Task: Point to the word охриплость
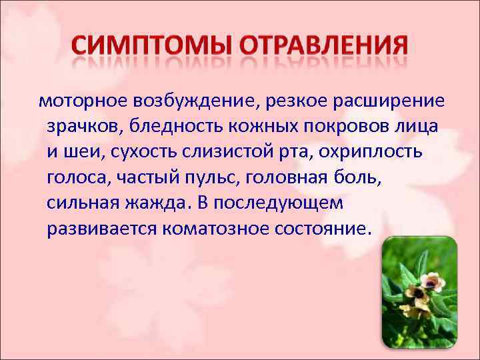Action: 370,151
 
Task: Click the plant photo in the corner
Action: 419,293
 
